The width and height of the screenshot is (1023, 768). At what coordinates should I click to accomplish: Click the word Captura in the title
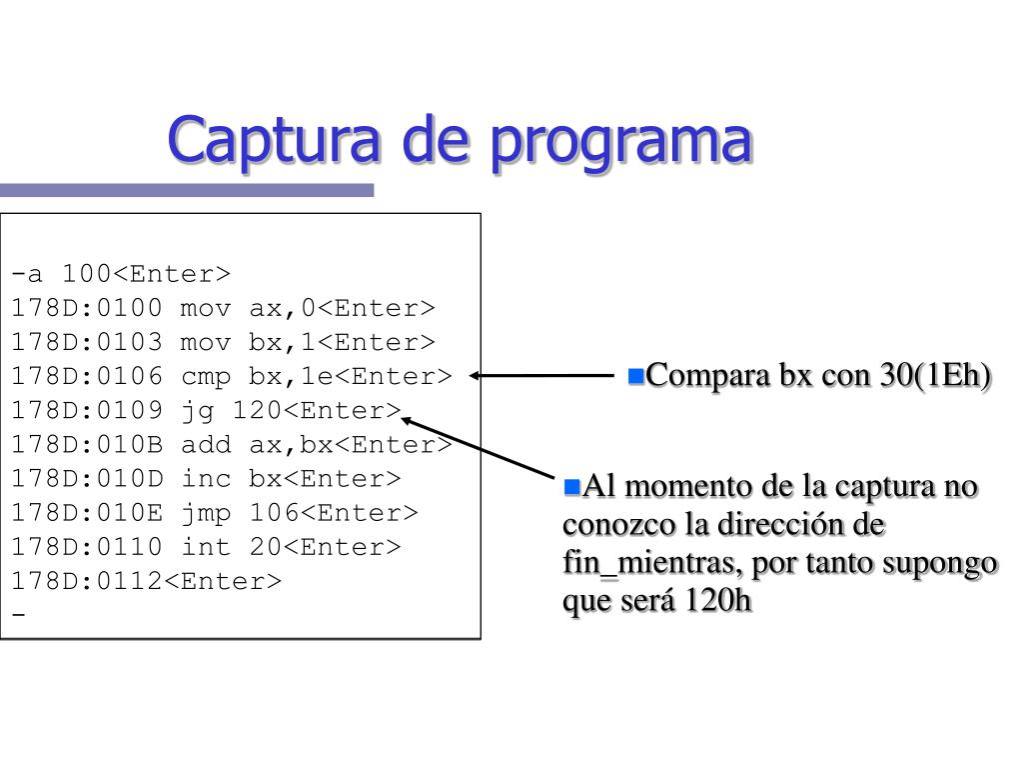coord(274,140)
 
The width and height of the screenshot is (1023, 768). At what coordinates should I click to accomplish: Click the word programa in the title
coord(621,143)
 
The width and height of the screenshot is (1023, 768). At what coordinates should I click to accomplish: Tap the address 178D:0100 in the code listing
coord(87,308)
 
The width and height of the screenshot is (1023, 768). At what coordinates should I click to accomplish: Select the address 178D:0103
coord(87,342)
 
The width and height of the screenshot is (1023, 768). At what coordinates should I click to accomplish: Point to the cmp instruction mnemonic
coord(206,377)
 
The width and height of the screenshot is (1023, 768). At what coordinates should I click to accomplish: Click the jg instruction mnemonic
coord(198,411)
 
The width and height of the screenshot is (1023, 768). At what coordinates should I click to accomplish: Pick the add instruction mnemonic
coord(206,444)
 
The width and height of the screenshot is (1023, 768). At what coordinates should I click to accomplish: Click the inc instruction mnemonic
coord(206,478)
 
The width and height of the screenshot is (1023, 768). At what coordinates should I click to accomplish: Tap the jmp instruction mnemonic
coord(206,513)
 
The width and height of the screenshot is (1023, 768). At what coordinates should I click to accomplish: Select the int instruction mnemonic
coord(206,547)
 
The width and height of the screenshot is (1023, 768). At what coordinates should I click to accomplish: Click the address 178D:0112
coord(87,581)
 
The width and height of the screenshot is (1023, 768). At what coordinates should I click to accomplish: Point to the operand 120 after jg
coord(258,410)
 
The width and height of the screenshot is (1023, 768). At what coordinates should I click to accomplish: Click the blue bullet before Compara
coord(636,377)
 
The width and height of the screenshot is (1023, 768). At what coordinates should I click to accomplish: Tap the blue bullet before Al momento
coord(572,487)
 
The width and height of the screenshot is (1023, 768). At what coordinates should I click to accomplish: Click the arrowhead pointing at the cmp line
coord(476,376)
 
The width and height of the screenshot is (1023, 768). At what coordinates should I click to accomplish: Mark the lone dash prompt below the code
coord(18,615)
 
